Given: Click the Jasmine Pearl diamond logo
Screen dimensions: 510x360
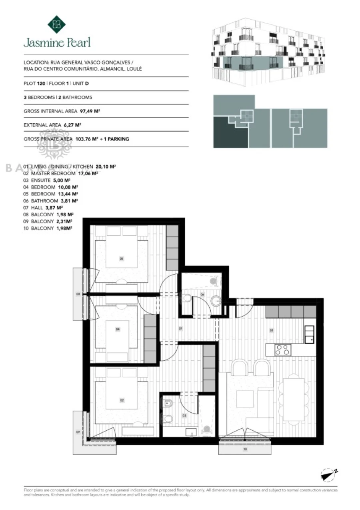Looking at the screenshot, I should pos(56,24).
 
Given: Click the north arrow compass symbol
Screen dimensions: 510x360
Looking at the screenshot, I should pos(328,474).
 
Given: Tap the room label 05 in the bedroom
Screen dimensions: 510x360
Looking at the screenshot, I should pos(121,259).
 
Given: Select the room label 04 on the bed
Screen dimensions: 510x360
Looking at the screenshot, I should pos(118,329).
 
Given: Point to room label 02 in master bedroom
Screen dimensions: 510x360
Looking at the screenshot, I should pos(122,400).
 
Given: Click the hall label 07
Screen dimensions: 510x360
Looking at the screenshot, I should pos(180,329).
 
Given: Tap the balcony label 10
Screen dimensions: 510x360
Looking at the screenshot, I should pos(245,449).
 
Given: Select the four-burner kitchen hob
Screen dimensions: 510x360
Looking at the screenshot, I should pos(283,349).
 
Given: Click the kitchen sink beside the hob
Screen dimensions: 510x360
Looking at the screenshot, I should pos(309,334).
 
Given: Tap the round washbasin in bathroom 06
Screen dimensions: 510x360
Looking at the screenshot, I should pos(216,300).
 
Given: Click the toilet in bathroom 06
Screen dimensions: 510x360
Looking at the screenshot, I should pos(186,298).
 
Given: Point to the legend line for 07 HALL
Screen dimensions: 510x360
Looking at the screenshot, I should pos(43,208).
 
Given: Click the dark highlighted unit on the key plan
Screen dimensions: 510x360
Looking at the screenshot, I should pos(230,132).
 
